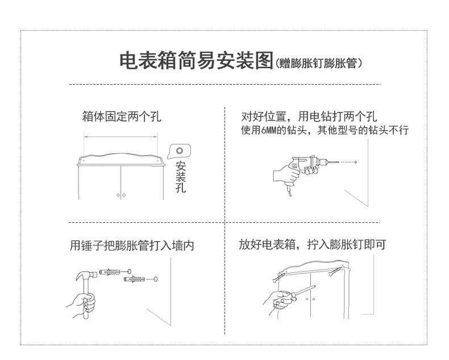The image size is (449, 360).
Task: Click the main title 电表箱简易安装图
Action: point(196,61)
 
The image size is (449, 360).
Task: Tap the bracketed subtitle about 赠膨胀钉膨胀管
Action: point(319,63)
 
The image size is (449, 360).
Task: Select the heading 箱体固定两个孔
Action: point(122,117)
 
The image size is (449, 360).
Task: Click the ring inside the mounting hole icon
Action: point(180,151)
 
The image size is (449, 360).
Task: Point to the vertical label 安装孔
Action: point(181,177)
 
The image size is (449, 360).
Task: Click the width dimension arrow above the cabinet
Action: point(120,136)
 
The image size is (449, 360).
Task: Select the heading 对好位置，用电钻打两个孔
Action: point(309,117)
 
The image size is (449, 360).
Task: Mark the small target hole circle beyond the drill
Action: point(356,163)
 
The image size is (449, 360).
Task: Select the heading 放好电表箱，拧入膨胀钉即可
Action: point(313,245)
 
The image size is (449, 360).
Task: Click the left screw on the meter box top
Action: point(277,279)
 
